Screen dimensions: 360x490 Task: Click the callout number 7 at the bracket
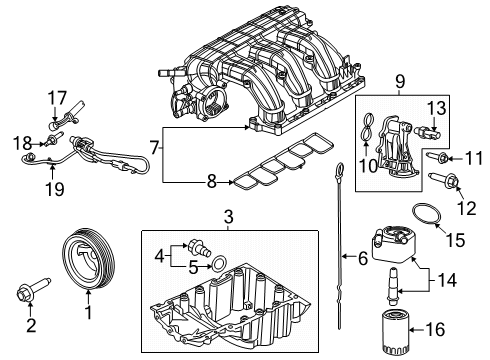click(x=153, y=149)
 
